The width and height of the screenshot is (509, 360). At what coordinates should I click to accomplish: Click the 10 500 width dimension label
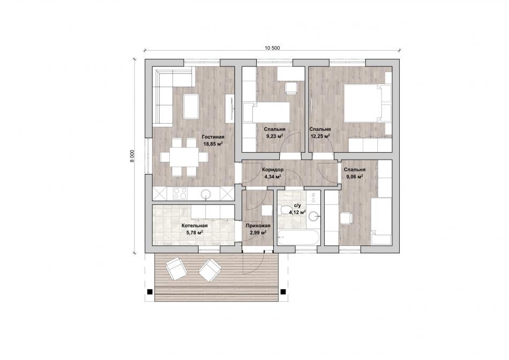coord(272,48)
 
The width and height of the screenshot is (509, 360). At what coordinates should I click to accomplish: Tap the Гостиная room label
coord(213,137)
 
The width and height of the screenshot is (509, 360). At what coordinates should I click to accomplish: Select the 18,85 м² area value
coord(213,144)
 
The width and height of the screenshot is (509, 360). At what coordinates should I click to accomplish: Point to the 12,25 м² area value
coord(320,136)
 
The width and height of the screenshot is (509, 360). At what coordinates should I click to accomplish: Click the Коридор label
coord(273,170)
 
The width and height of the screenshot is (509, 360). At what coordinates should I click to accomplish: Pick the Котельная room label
coord(194,226)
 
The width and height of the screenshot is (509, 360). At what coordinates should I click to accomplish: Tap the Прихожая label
coord(258,226)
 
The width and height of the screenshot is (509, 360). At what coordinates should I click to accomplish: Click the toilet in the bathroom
coord(285,209)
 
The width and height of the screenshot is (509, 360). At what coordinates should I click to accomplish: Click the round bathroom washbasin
coord(313,216)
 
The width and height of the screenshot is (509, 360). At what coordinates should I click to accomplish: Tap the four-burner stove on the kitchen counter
coord(179,194)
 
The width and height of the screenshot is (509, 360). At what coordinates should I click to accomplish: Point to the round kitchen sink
coord(206,194)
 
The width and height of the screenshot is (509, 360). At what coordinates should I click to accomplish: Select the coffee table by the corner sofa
coord(191,106)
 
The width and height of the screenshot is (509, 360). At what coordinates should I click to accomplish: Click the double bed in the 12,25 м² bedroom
coord(368,103)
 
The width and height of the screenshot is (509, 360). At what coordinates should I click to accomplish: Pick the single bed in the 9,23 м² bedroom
coord(266,112)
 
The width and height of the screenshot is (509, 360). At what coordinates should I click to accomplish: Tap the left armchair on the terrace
coord(176,268)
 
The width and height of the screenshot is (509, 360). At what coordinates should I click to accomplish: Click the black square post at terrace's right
coord(283,291)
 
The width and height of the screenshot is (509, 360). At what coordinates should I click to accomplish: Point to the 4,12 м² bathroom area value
coord(298,212)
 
